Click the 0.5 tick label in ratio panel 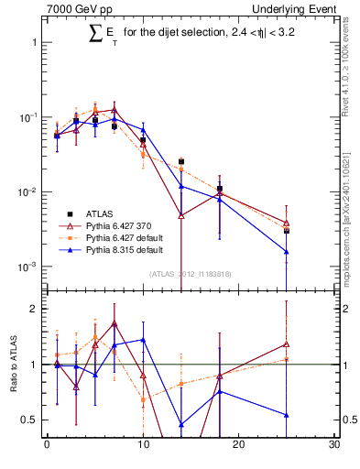click(x=30, y=420)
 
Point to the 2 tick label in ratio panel click(x=35, y=309)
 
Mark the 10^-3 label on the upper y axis click(x=27, y=267)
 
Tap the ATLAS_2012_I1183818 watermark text click(x=191, y=273)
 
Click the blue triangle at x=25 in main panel click(x=287, y=252)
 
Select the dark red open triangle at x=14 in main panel click(x=181, y=215)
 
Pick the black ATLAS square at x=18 click(x=220, y=189)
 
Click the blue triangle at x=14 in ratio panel click(x=181, y=424)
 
